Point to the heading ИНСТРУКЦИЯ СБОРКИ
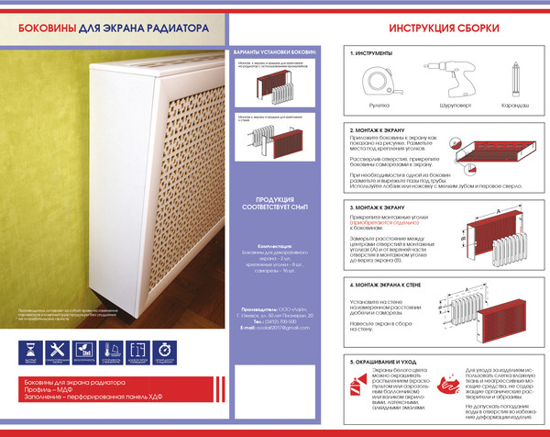[x=444, y=28]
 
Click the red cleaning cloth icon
[x=449, y=384]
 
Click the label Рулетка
[x=379, y=106]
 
